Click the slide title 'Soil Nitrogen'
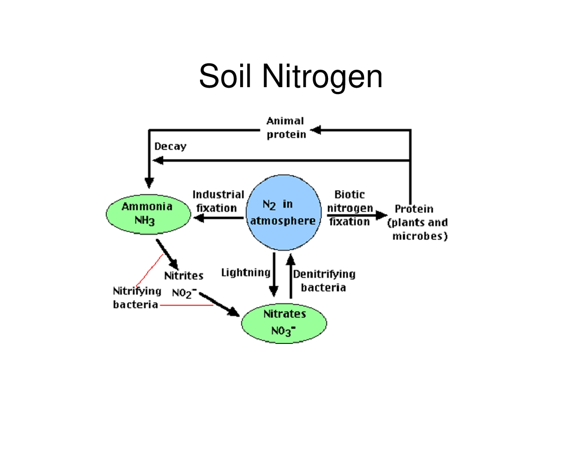coord(290,76)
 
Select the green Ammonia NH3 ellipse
coord(149,214)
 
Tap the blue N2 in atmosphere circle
coord(284,212)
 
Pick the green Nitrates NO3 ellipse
coord(284,323)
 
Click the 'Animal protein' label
coord(286,127)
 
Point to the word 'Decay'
coord(170,147)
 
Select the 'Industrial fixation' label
coord(218,201)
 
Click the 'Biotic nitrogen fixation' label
coord(350,208)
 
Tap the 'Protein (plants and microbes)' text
coord(417,222)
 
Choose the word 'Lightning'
coord(245,273)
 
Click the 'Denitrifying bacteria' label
coord(324,280)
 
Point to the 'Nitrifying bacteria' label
coord(137,297)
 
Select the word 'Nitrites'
coord(184,276)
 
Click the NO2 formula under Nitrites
coord(184,293)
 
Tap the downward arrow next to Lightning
coord(274,275)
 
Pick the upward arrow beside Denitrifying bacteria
coord(290,276)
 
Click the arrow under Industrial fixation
coord(218,218)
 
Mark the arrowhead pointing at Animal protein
coord(315,130)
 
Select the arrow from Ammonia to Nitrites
coord(167,255)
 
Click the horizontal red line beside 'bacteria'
coord(186,305)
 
